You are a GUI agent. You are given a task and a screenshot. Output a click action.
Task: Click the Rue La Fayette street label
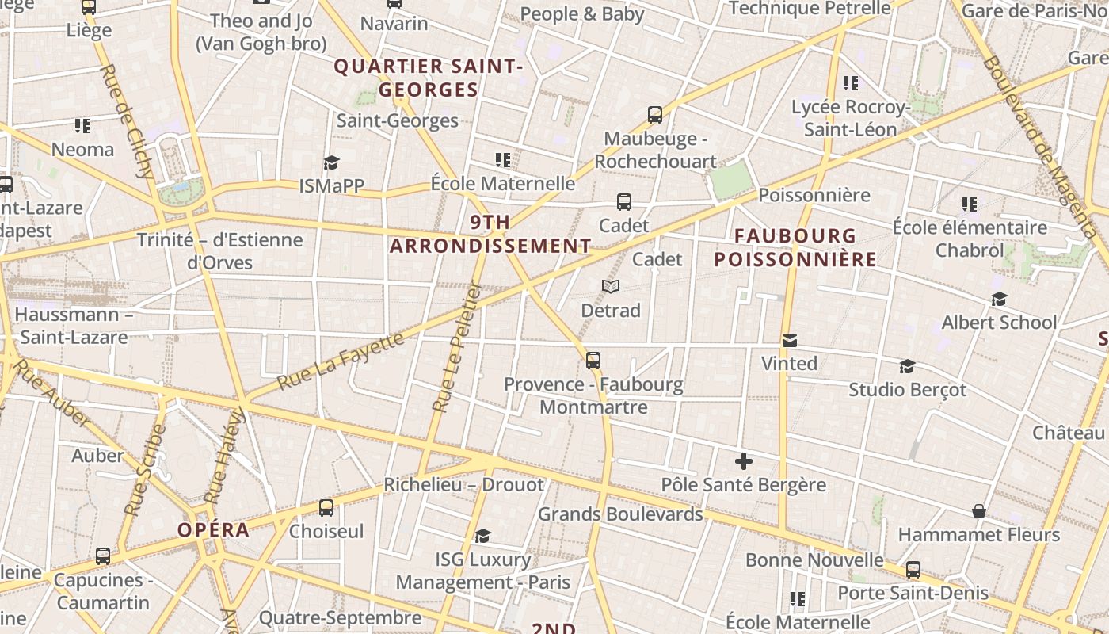point(341,362)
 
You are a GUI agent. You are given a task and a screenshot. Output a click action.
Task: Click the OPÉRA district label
point(214,530)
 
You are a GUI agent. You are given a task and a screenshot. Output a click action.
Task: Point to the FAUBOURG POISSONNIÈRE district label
point(795,247)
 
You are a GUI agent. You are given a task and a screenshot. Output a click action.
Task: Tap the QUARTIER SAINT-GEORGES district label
point(429,78)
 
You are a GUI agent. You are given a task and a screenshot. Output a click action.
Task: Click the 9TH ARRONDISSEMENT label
point(490,234)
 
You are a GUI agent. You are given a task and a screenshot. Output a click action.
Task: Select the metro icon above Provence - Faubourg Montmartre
point(593,361)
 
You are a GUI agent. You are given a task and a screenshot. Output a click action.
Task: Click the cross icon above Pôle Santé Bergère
point(743,460)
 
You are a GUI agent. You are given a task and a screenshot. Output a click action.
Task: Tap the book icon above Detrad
point(610,286)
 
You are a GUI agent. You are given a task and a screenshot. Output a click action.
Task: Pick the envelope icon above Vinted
point(789,341)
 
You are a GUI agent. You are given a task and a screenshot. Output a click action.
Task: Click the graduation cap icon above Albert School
point(999,299)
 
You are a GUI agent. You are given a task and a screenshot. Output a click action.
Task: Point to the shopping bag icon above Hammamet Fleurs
point(979,511)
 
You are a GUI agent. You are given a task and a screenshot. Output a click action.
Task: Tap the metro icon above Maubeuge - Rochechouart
point(655,115)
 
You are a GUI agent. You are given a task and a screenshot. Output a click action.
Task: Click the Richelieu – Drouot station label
point(464,484)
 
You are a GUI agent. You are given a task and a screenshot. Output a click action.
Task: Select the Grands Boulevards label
point(620,514)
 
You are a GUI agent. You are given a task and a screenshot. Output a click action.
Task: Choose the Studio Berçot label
point(908,390)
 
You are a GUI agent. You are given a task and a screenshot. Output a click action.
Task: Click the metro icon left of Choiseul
point(326,508)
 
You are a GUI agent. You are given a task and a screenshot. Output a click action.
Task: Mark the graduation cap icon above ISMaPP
point(331,163)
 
